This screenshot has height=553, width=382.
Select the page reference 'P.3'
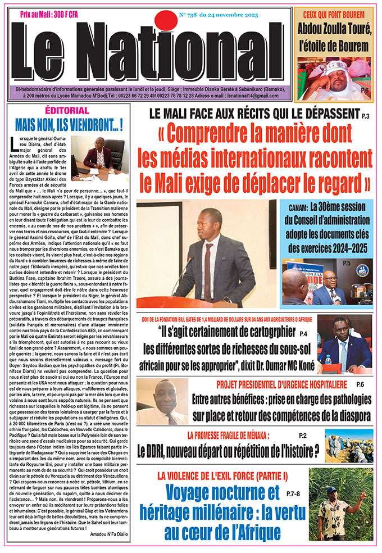(x=366, y=116)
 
